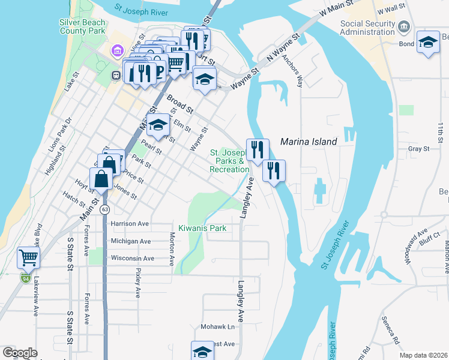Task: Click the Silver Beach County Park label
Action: (82, 26)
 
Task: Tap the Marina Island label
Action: (309, 142)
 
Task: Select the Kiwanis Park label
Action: (202, 229)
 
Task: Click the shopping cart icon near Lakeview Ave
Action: (28, 258)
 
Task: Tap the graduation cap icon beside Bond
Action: (427, 43)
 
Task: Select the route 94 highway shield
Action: (25, 278)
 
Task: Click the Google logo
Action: (20, 353)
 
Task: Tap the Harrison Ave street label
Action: (129, 224)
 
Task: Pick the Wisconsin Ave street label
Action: (132, 259)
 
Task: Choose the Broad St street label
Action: (180, 104)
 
